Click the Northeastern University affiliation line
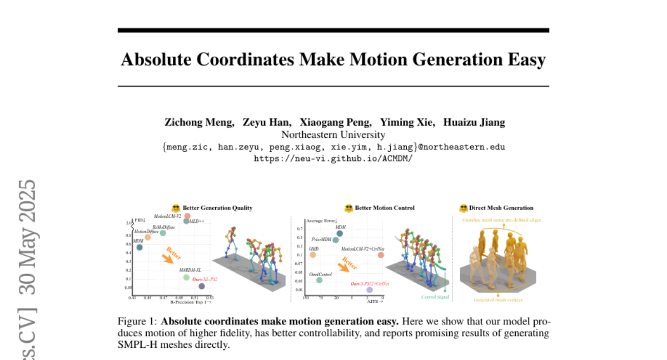coord(333,134)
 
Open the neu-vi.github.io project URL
coord(333,158)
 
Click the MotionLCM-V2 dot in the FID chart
coord(187,216)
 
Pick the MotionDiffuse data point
coord(147,237)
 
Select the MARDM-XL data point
coord(186,277)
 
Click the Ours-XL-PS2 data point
coord(201,286)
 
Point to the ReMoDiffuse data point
coord(163,233)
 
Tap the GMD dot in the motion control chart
coord(312,254)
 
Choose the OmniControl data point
coord(319,280)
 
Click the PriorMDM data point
coord(335,240)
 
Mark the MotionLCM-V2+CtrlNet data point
coord(381,254)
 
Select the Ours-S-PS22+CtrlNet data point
coord(369,290)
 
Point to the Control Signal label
coord(435,297)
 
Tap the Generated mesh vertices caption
coord(498,300)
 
